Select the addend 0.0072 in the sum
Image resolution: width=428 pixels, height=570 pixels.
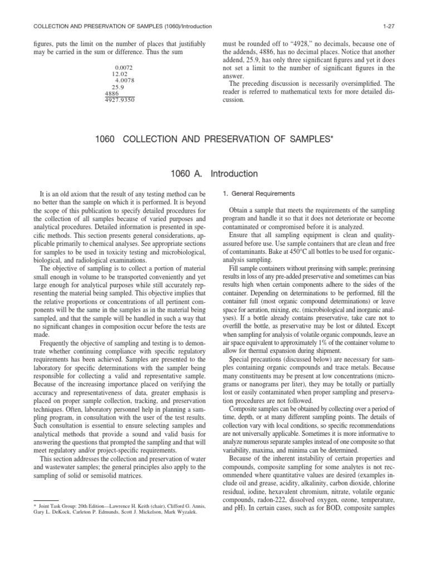123,67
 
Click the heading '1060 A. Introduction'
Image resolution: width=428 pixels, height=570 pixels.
214,174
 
